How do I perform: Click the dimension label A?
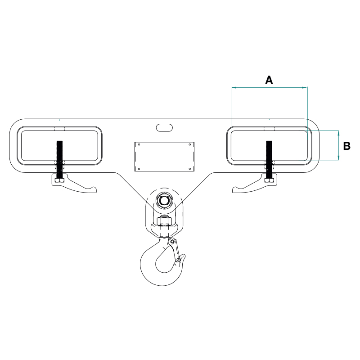(x=269, y=80)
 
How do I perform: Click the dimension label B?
(x=346, y=146)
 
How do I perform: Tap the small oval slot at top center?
(x=165, y=127)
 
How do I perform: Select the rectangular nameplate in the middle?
(x=164, y=157)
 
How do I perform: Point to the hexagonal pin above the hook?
(x=163, y=200)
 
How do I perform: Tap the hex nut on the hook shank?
(x=164, y=221)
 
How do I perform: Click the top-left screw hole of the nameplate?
(x=139, y=145)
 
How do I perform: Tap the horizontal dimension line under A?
(x=269, y=87)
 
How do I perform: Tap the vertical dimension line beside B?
(x=338, y=145)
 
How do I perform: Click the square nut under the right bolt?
(x=270, y=181)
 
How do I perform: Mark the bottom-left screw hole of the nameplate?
(x=139, y=169)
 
